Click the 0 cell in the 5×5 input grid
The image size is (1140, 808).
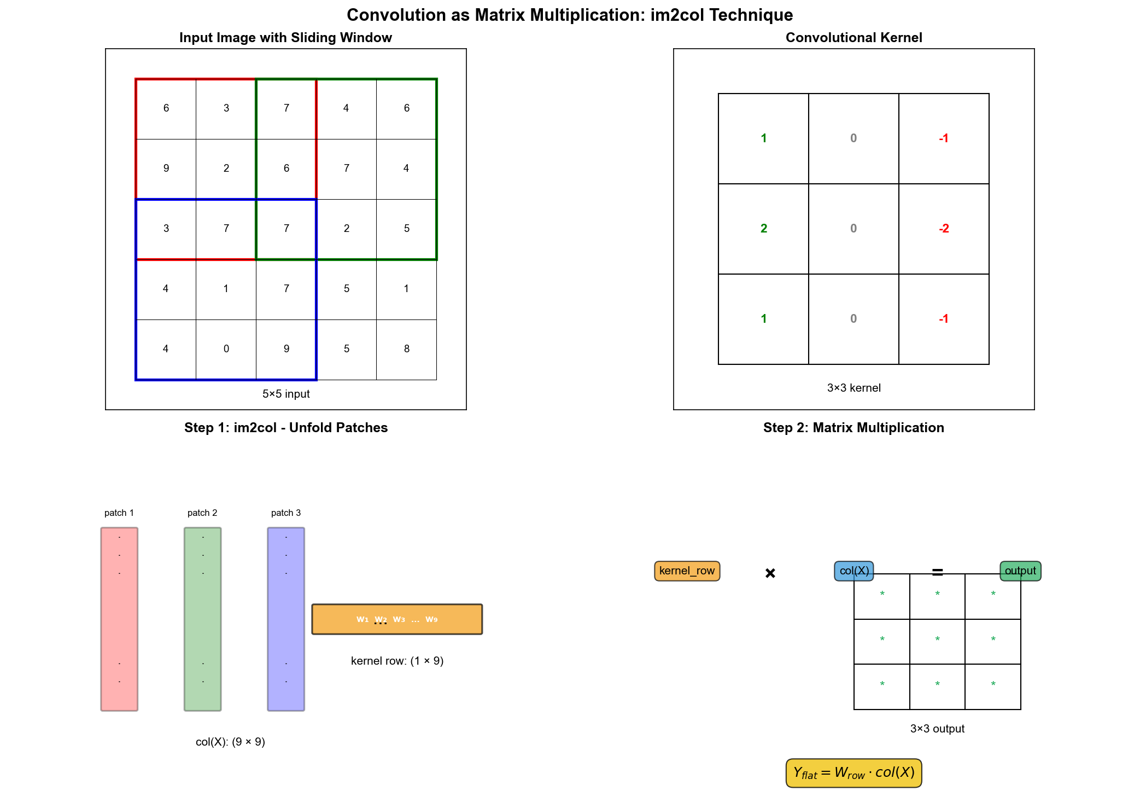pos(226,349)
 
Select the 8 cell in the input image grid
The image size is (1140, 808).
pos(406,349)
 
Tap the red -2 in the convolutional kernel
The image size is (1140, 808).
pos(944,229)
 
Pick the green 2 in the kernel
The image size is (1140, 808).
pos(763,229)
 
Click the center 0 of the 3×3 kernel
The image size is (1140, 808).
pos(853,229)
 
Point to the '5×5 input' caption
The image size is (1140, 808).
pos(286,394)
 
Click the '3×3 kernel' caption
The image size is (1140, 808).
pos(853,388)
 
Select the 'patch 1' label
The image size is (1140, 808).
pos(119,513)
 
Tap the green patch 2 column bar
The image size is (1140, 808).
pos(203,619)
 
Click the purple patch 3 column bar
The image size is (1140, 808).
pos(286,619)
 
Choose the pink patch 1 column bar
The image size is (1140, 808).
pos(119,619)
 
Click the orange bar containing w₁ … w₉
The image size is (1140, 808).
pos(397,619)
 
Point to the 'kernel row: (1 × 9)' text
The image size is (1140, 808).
pos(397,661)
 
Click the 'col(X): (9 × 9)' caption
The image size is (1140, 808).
pos(230,742)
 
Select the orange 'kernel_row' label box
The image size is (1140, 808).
pos(687,571)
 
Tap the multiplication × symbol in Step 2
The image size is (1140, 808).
pos(770,573)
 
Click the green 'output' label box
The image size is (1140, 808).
pos(1020,571)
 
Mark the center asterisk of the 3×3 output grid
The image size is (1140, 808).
pos(937,639)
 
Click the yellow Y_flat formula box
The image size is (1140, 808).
pos(853,773)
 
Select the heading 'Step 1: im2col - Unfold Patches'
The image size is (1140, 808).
pos(286,428)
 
